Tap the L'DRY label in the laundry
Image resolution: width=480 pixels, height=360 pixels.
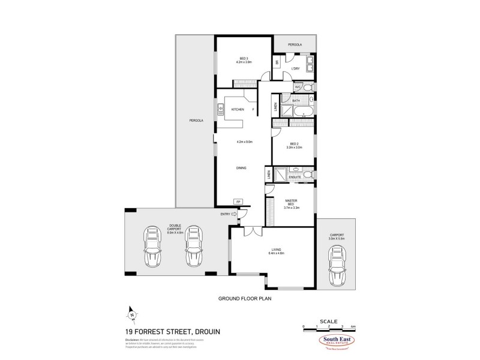pos(295,69)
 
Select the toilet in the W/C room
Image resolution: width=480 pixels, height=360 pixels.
pos(307,88)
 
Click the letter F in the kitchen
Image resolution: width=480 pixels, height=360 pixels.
pos(253,110)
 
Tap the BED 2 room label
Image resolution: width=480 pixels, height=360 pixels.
pos(294,143)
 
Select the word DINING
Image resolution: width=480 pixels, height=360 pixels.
pos(241,168)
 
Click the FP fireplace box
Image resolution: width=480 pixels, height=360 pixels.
pos(238,202)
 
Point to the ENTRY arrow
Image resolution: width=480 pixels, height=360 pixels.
pos(235,214)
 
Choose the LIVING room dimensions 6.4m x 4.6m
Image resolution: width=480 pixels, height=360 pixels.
pos(277,253)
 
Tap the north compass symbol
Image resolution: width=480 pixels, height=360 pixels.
pos(131,313)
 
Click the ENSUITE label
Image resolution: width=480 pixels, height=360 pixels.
pos(295,178)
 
